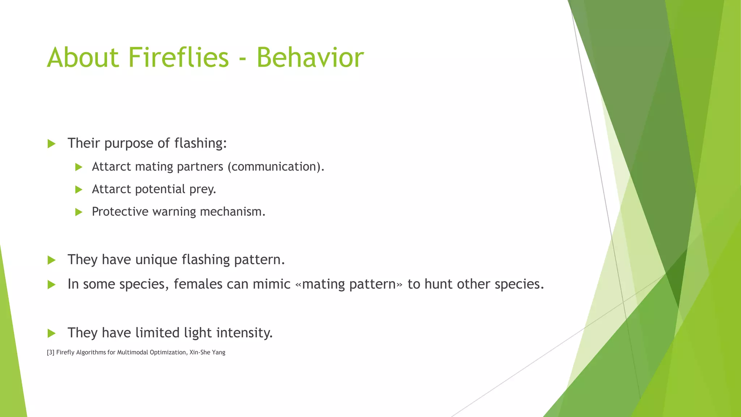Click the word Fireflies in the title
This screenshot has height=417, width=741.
click(x=178, y=57)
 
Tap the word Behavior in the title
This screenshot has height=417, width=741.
click(x=310, y=57)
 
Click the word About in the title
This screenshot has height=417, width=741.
click(x=83, y=57)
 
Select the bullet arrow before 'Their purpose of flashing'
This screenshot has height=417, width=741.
click(x=51, y=144)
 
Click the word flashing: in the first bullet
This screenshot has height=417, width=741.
click(x=200, y=143)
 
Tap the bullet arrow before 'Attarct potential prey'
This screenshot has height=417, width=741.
click(x=79, y=190)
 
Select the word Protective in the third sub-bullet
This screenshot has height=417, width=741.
click(x=120, y=211)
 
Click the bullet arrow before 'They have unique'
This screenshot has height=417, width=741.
click(x=51, y=260)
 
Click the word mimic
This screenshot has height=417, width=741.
click(x=271, y=284)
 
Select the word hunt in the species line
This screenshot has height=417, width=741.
click(x=438, y=284)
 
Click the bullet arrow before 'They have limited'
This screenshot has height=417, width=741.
click(x=51, y=333)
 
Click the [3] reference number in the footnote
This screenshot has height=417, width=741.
click(x=51, y=353)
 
